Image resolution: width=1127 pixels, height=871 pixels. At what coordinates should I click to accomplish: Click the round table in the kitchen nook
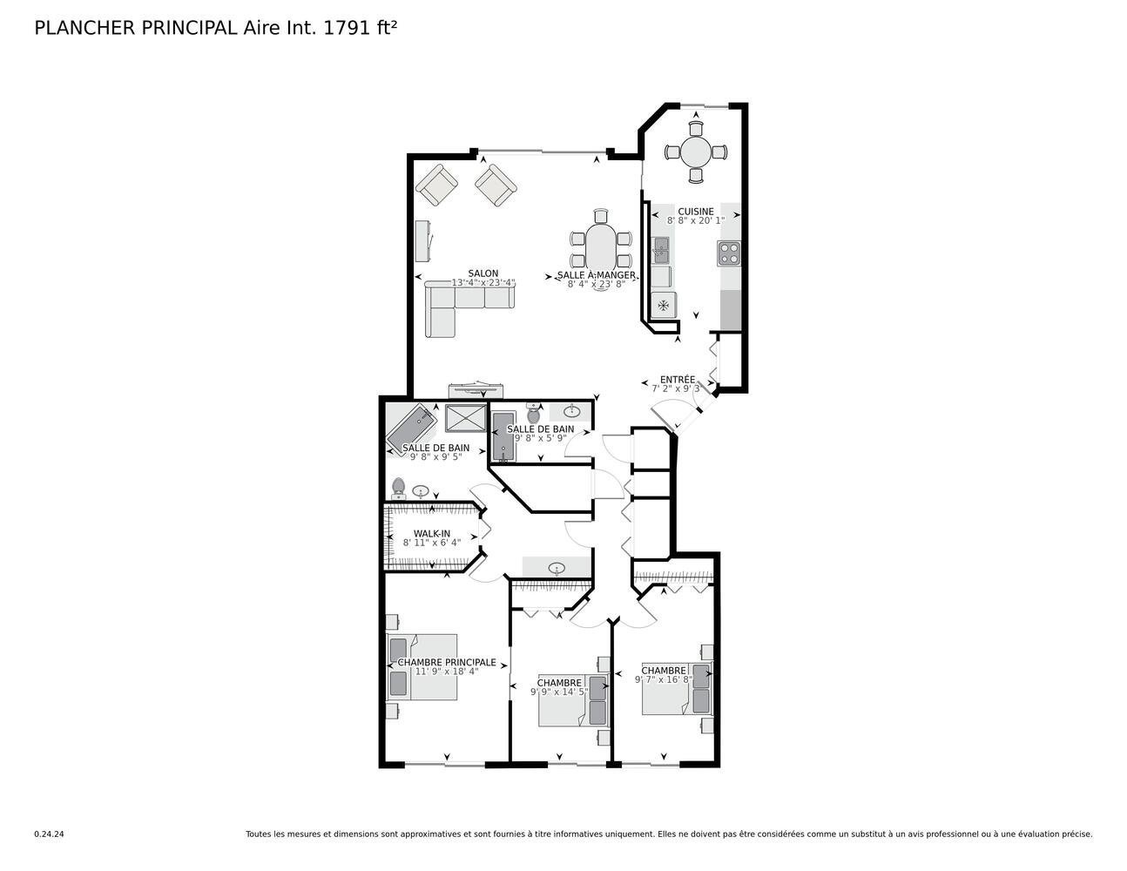tap(695, 152)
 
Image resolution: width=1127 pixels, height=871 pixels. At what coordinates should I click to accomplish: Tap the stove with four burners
tap(729, 253)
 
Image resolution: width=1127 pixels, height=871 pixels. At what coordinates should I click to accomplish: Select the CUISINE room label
tap(696, 212)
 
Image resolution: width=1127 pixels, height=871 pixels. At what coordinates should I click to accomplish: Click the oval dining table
tap(600, 249)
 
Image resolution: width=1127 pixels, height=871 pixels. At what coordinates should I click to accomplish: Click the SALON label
tap(483, 273)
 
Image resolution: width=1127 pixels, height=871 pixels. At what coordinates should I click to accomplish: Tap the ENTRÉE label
tap(677, 380)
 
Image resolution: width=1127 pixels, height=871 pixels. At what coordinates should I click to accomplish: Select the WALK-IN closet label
tap(431, 533)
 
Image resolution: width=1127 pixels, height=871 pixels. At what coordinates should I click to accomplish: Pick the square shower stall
tap(465, 418)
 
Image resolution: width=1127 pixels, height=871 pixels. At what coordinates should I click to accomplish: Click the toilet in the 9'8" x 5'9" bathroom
tap(534, 414)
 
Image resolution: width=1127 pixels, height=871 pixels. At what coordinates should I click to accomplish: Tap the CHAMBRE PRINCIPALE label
tap(447, 663)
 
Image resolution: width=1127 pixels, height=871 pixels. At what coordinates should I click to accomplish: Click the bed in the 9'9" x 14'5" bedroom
tap(571, 701)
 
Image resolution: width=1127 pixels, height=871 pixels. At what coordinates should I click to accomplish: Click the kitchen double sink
tap(662, 252)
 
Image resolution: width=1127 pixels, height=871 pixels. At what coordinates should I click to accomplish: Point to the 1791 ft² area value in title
tap(361, 28)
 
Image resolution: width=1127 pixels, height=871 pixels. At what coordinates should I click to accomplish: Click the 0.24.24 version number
tap(49, 834)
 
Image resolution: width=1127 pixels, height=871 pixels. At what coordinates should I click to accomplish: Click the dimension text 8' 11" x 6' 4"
tap(431, 543)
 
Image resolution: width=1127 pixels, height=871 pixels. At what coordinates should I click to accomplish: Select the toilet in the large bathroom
tap(399, 486)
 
